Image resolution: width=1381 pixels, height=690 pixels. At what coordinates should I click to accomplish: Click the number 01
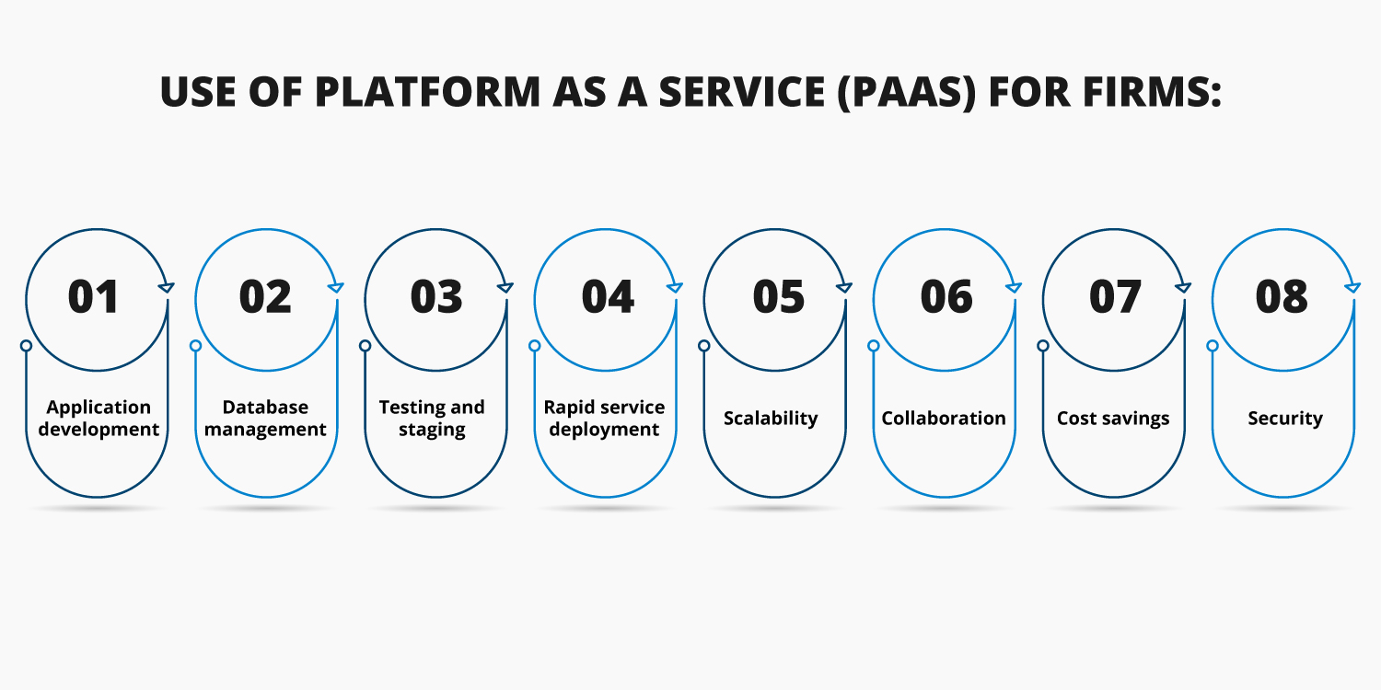[x=94, y=296]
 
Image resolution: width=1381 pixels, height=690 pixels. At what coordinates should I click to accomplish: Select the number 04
[x=608, y=296]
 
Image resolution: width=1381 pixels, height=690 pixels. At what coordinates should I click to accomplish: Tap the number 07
[x=1115, y=296]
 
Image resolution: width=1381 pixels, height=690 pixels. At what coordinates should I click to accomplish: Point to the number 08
[x=1282, y=296]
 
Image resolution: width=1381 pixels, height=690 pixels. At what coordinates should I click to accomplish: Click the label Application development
[x=99, y=419]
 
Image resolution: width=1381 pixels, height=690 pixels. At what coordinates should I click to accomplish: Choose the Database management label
[x=265, y=419]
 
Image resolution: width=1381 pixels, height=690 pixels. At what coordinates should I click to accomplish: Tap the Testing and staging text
[x=432, y=419]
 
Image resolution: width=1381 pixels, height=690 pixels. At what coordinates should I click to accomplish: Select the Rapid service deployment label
[x=604, y=419]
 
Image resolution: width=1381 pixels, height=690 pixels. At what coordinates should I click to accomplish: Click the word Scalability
[x=771, y=419]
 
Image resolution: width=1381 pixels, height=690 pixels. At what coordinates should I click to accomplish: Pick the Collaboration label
[x=944, y=419]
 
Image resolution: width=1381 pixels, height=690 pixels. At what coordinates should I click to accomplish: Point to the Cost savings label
[x=1113, y=419]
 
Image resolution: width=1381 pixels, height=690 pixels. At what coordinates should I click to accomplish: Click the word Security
[x=1285, y=419]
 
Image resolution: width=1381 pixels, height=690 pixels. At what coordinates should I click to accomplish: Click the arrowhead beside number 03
[x=505, y=287]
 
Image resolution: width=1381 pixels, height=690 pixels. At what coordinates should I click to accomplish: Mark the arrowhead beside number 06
[x=1014, y=287]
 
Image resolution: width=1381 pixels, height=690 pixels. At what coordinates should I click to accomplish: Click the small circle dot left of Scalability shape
[x=704, y=346]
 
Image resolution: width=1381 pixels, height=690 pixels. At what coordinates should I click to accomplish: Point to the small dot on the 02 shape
[x=195, y=346]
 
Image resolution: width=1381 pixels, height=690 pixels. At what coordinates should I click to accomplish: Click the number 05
[x=778, y=296]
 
